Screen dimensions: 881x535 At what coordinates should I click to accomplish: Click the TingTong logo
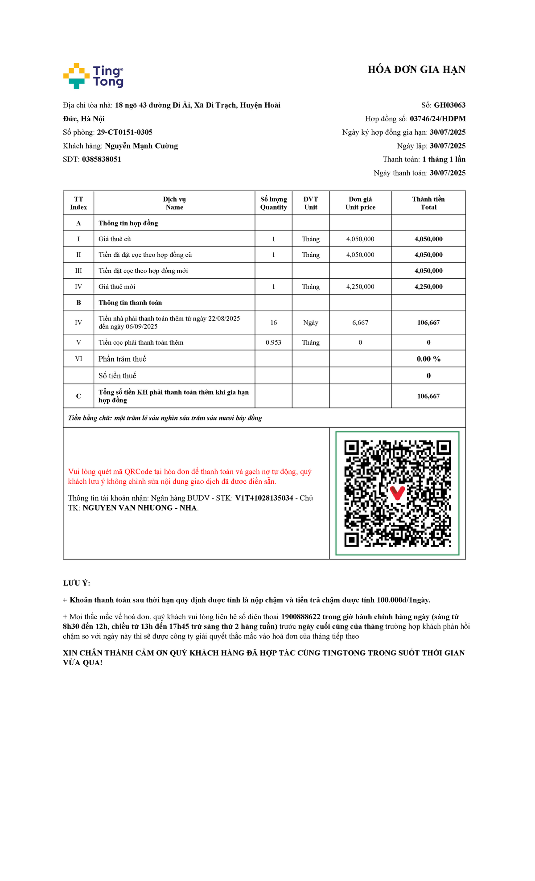(93, 76)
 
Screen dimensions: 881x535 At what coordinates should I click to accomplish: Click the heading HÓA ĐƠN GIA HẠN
(416, 70)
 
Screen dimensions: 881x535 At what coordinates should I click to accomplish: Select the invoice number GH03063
(449, 105)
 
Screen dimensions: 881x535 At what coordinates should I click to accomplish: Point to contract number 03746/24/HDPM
(437, 119)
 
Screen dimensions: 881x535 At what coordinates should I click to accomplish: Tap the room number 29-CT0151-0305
(125, 132)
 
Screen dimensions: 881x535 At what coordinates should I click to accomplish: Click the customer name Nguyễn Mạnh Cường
(141, 146)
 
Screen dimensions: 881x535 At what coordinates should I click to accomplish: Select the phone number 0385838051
(102, 159)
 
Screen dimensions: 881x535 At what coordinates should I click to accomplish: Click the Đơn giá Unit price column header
(360, 203)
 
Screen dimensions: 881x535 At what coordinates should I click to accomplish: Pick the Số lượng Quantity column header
(273, 203)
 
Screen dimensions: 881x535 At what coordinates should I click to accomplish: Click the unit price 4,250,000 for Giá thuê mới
(360, 287)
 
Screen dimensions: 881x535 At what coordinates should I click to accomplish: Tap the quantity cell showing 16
(273, 322)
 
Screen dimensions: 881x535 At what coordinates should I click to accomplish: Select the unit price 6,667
(360, 322)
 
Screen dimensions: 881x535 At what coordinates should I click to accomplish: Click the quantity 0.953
(273, 342)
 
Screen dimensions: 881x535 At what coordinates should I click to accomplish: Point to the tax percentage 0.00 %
(428, 359)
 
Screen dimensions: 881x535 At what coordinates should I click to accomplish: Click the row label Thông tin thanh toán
(130, 303)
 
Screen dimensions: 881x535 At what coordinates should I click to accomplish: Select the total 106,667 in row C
(428, 396)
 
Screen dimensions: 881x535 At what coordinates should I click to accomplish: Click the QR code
(397, 494)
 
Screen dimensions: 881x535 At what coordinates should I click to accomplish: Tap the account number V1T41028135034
(264, 498)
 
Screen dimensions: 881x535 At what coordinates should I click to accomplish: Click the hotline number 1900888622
(300, 617)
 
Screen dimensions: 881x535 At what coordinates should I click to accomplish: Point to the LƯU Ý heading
(76, 583)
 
